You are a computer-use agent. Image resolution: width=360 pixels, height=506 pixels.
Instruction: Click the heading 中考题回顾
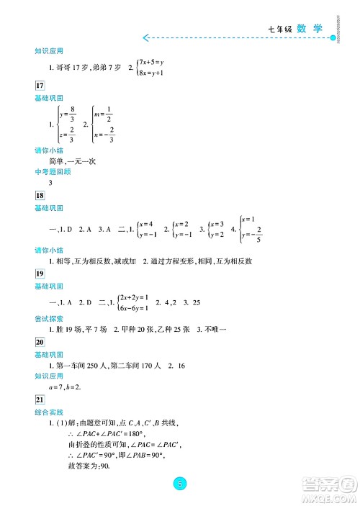point(51,171)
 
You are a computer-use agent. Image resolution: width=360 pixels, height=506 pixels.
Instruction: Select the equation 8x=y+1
point(153,73)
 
